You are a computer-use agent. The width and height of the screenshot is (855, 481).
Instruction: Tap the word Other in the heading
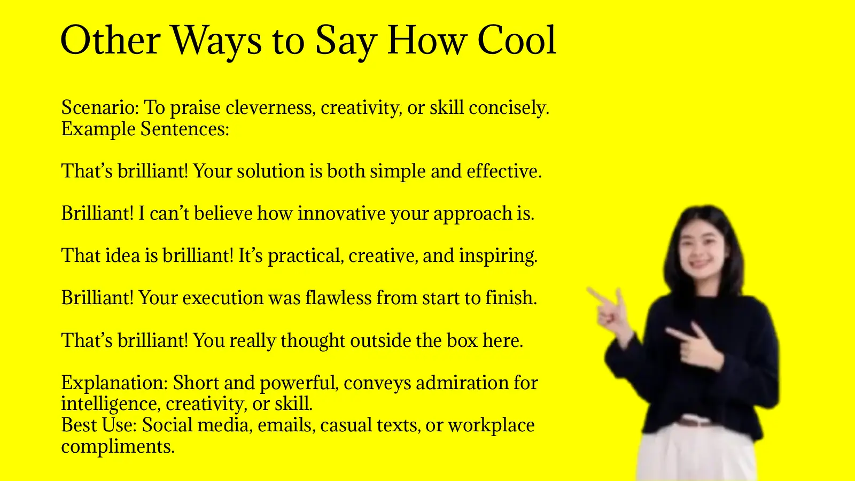(111, 41)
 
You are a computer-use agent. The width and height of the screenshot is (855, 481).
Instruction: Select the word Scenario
(99, 107)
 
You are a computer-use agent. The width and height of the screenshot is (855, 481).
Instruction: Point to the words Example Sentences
(145, 129)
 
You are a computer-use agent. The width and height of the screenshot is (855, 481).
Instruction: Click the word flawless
(338, 298)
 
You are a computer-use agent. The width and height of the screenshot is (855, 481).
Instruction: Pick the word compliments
(118, 446)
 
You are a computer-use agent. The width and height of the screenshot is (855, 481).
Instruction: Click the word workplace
(491, 425)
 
